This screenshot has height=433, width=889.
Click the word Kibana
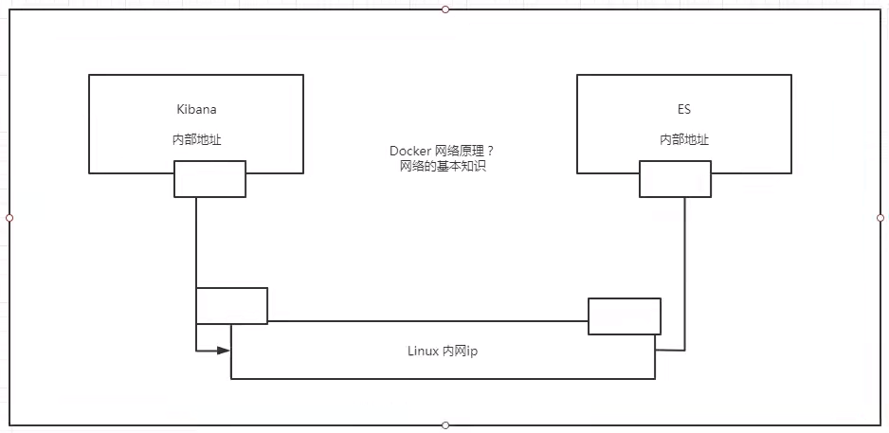click(196, 109)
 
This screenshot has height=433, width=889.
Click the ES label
click(684, 109)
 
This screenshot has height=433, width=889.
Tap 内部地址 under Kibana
click(196, 139)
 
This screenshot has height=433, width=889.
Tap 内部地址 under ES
click(684, 139)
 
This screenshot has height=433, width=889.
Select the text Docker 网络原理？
click(443, 152)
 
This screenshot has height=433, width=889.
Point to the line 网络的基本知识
click(443, 167)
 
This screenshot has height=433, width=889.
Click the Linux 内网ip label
click(443, 352)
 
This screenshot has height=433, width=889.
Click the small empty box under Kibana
click(209, 179)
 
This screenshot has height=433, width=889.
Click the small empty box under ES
click(675, 179)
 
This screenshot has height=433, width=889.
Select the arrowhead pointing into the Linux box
click(224, 351)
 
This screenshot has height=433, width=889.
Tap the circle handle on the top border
click(445, 9)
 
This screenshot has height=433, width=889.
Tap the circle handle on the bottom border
click(445, 425)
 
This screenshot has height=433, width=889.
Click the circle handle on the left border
click(9, 218)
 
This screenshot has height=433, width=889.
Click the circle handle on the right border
click(880, 218)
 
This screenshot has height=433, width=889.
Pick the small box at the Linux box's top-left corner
click(231, 306)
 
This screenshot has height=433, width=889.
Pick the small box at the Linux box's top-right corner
click(625, 316)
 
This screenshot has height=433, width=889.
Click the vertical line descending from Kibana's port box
click(196, 243)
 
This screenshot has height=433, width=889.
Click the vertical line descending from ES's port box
click(685, 275)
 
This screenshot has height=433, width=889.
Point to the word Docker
click(409, 152)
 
